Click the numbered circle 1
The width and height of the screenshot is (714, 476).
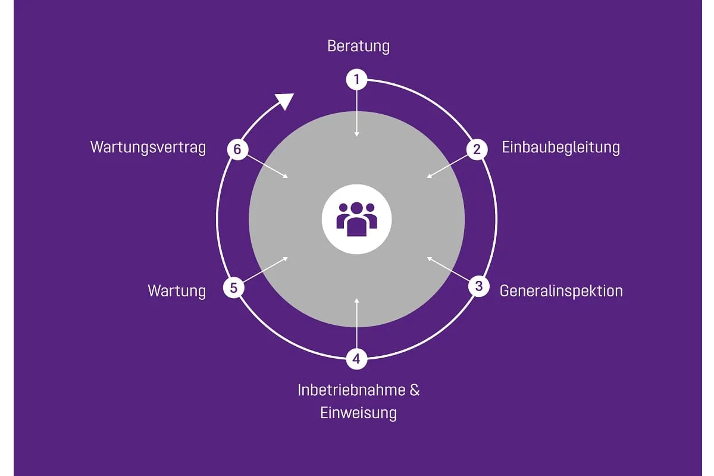356,79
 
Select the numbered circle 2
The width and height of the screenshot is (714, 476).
477,149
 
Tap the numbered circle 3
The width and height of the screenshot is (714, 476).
478,286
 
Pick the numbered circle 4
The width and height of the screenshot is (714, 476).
356,359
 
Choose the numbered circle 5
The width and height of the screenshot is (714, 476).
233,288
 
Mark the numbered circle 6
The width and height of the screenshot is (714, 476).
237,149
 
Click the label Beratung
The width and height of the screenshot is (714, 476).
358,46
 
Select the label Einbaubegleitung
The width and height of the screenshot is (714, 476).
560,147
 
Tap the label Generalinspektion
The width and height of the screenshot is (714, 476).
561,291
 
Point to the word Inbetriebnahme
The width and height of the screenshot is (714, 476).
349,390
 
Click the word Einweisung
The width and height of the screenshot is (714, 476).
358,413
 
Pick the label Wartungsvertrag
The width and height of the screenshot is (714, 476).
148,147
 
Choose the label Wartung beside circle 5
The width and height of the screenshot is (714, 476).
177,291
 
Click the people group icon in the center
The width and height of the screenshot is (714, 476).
356,218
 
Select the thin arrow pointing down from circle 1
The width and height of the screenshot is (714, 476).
356,113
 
